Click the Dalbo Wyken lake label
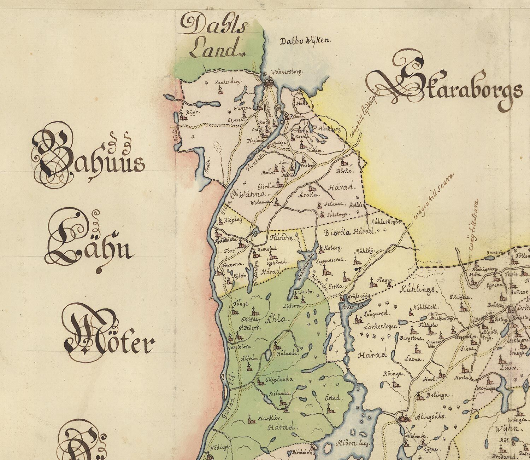click(x=304, y=41)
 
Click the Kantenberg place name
click(x=228, y=82)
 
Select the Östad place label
click(x=332, y=398)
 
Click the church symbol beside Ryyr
click(x=183, y=117)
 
